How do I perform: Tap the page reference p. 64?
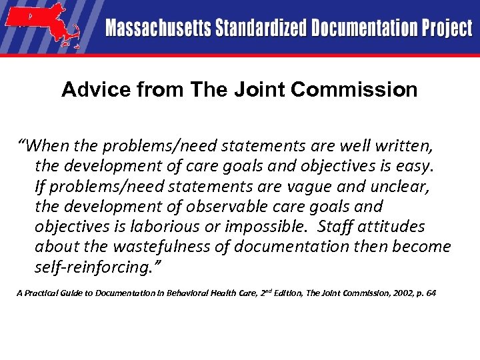[423, 293]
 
